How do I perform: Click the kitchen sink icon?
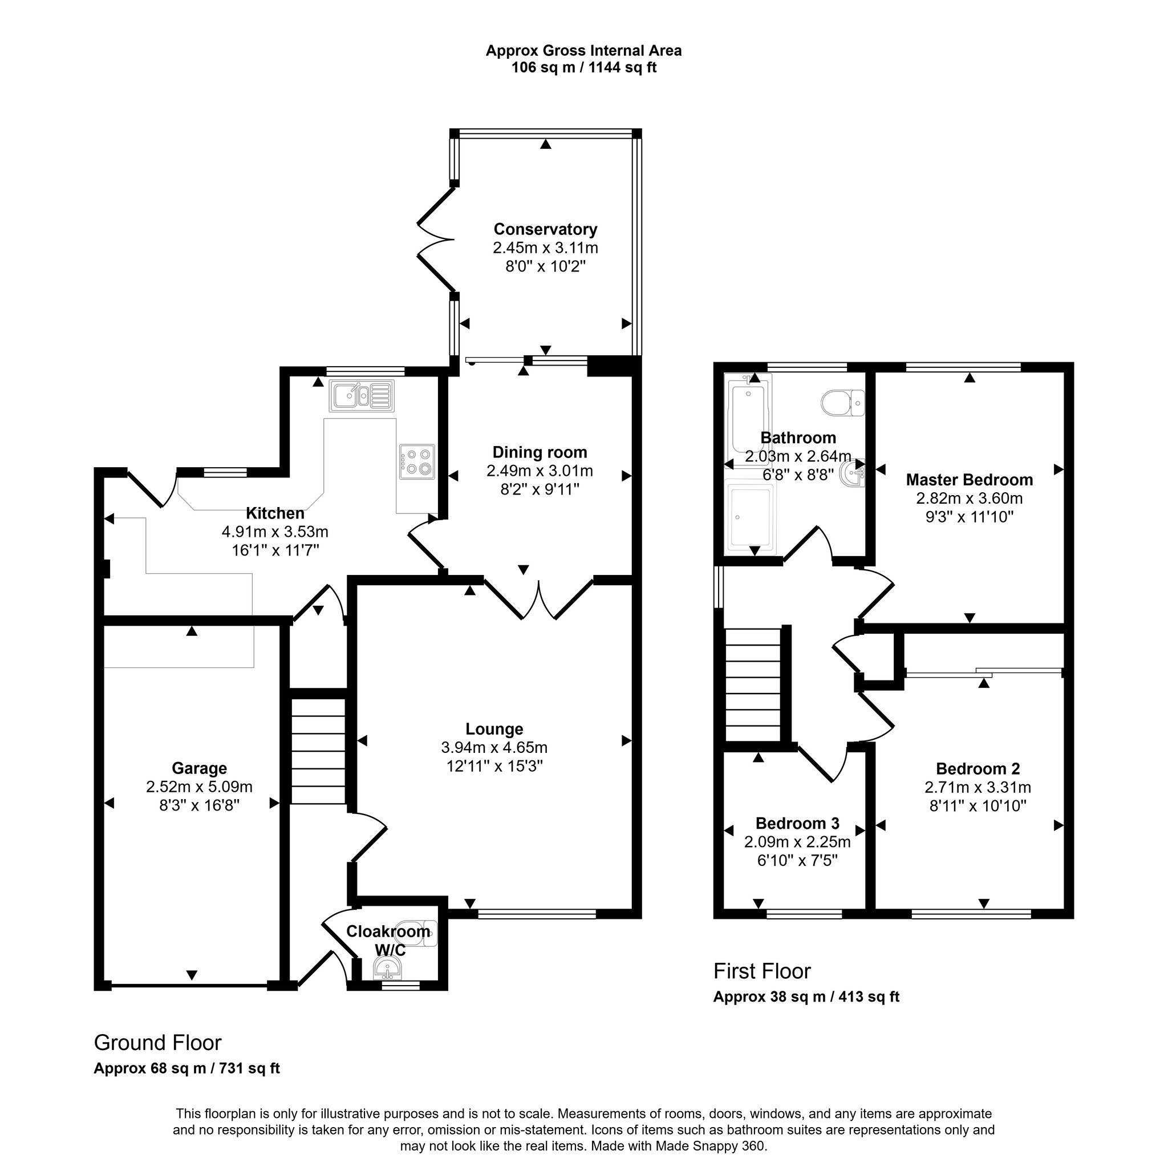[361, 396]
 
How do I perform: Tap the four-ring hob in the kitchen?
[417, 462]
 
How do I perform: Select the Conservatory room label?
[545, 229]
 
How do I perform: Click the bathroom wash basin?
[853, 472]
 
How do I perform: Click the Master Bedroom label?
[969, 480]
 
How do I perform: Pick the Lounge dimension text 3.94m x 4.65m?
[494, 747]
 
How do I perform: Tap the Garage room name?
[199, 768]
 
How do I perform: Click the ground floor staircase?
[318, 751]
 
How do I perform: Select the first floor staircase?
[753, 685]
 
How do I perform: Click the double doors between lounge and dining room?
[539, 599]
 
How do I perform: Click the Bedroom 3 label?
[797, 824]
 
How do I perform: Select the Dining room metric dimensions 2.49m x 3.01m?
[540, 471]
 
